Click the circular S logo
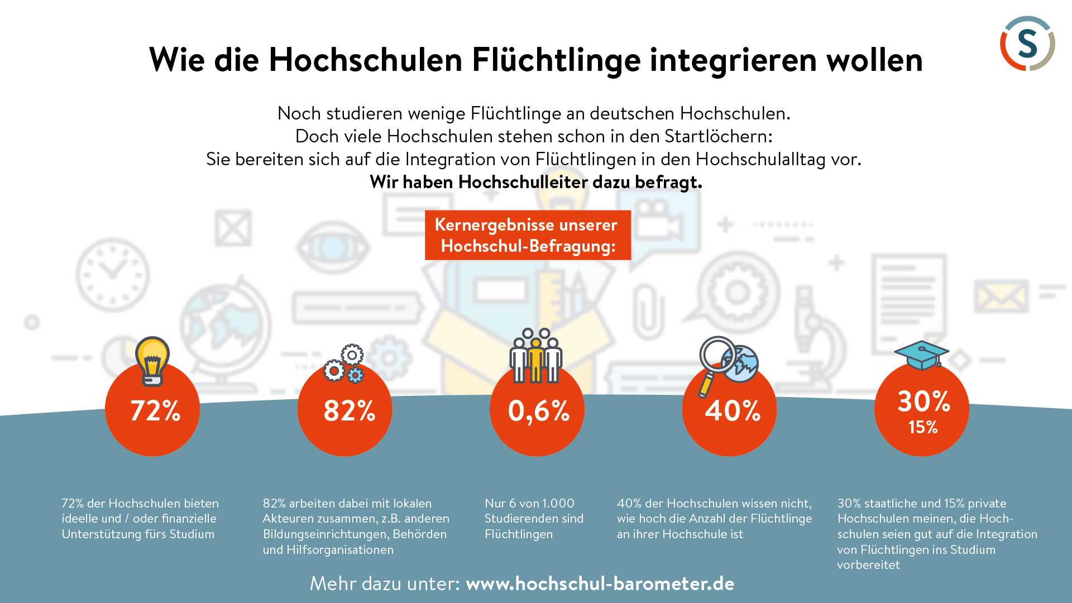coord(1027,44)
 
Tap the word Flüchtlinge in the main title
coord(556,60)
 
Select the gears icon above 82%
coord(344,363)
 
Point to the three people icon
coord(536,357)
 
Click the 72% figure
coord(155,411)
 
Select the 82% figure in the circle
coord(349,411)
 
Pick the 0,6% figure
coord(538,411)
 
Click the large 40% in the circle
coord(732,411)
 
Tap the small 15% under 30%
coord(922,427)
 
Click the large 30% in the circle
coord(923,401)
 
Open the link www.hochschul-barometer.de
coord(600,583)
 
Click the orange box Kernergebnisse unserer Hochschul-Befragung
coord(528,235)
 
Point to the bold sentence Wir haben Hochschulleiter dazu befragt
coord(535,182)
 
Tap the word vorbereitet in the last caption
coord(868,565)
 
